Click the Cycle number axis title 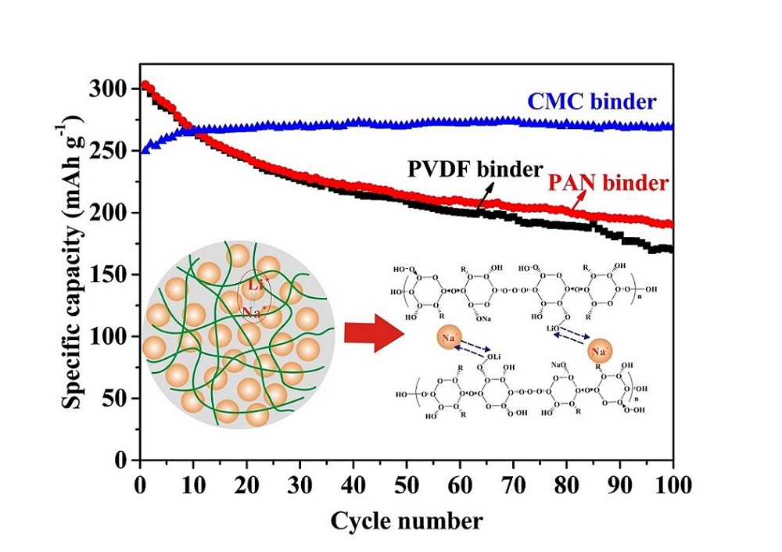pyautogui.click(x=406, y=520)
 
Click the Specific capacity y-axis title pyautogui.click(x=76, y=265)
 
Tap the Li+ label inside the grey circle pyautogui.click(x=256, y=286)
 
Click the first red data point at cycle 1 pyautogui.click(x=145, y=85)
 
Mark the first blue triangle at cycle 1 pyautogui.click(x=145, y=150)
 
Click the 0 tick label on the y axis pyautogui.click(x=123, y=460)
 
